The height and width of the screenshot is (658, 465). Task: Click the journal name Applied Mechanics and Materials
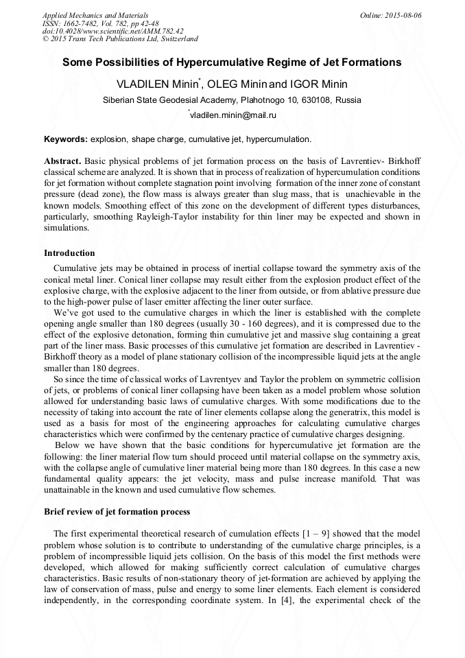tap(95, 14)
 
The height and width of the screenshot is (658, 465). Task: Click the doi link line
tap(112, 31)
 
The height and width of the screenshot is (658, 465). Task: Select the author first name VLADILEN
tap(145, 84)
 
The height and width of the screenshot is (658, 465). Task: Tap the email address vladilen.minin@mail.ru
tap(233, 116)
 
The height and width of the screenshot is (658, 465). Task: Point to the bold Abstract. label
tap(62, 160)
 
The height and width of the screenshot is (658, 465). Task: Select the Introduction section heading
tap(69, 253)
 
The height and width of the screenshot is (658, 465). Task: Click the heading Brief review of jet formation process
tap(117, 512)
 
